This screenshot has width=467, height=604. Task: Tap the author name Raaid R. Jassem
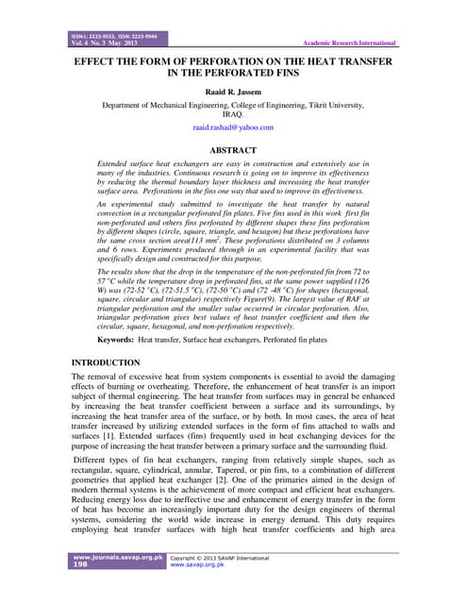click(x=233, y=92)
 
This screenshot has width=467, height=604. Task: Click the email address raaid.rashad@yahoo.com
click(x=232, y=126)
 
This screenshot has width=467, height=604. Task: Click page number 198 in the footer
click(x=81, y=570)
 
